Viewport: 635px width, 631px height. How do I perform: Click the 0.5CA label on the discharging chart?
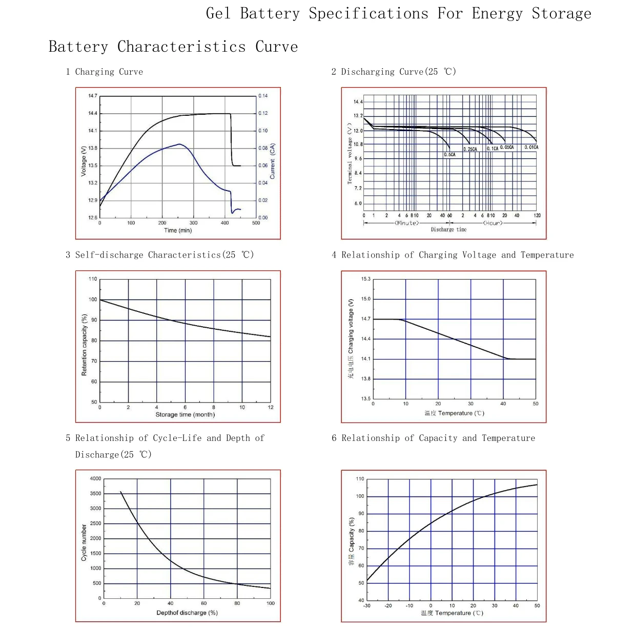pos(449,155)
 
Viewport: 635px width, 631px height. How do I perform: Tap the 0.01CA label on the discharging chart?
pos(531,147)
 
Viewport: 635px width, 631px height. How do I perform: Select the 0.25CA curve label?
pos(469,149)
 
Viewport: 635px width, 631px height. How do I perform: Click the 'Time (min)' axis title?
pos(178,230)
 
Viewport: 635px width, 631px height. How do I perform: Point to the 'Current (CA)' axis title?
pos(272,161)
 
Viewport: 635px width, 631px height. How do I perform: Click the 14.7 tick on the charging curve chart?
pos(93,96)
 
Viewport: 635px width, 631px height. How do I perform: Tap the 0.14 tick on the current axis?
pos(262,96)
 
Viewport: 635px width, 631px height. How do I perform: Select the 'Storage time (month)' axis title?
pos(185,414)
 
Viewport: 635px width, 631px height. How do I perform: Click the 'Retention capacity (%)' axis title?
pos(84,345)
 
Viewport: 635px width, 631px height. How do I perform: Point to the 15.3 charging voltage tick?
pos(365,279)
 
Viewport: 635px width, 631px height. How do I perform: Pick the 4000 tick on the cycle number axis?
pos(95,478)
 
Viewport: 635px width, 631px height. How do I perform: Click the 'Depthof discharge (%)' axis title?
pos(187,613)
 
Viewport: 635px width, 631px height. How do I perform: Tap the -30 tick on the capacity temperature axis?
pos(366,605)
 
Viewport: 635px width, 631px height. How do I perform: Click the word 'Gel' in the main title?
pos(218,13)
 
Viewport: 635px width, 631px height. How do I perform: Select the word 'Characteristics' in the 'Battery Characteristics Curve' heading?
pos(181,47)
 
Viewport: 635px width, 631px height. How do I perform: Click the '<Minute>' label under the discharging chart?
pos(406,223)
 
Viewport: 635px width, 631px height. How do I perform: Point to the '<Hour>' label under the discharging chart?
pos(493,223)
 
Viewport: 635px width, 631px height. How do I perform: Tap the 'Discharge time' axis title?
pos(448,229)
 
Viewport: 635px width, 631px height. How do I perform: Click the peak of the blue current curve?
pos(179,144)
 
